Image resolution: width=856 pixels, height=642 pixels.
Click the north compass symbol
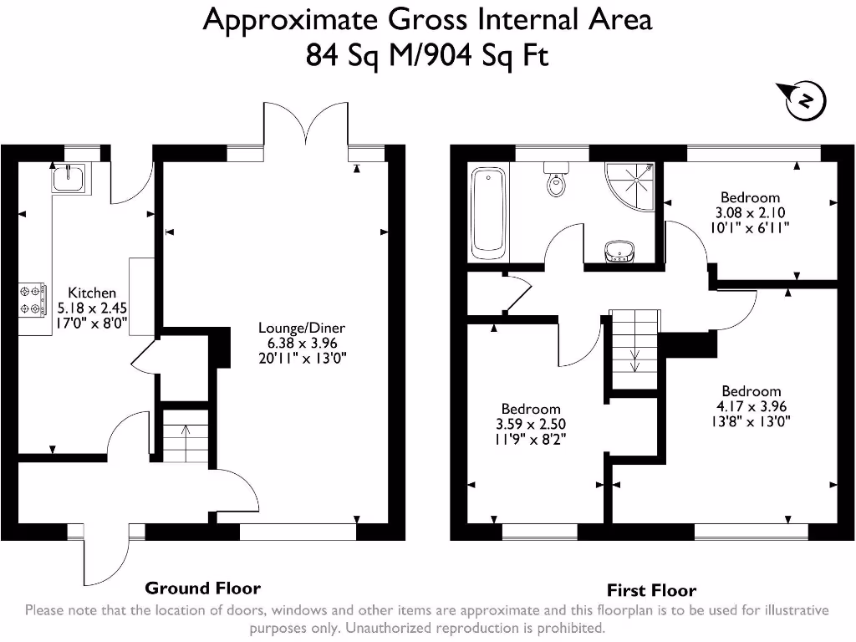click(804, 100)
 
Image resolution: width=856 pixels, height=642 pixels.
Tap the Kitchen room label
click(92, 293)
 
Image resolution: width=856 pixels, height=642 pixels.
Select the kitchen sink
click(69, 177)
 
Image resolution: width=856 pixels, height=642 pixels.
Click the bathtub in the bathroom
click(489, 213)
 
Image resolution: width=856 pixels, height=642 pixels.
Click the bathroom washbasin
click(619, 250)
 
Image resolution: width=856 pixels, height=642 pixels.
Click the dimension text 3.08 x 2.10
click(750, 212)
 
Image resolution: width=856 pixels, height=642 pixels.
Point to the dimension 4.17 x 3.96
click(751, 406)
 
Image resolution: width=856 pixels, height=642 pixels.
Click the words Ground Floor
click(202, 588)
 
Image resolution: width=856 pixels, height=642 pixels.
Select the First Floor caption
click(651, 589)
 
